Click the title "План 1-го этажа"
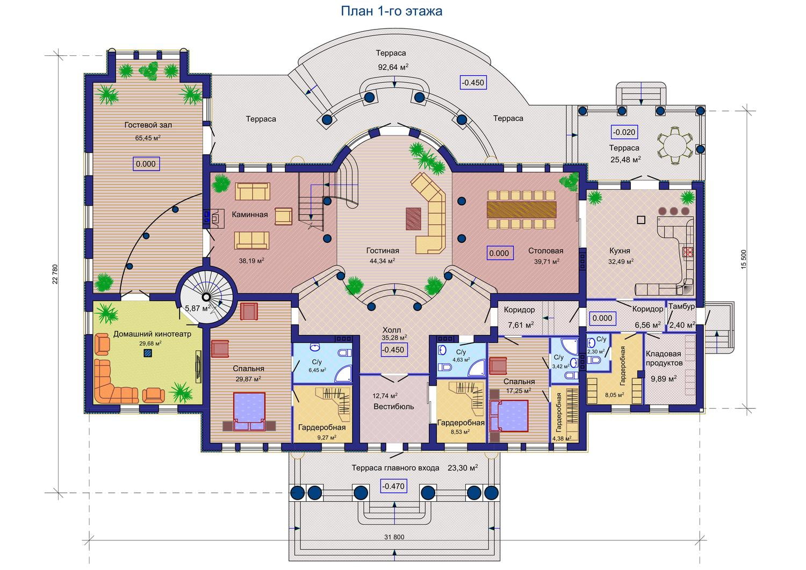pyautogui.click(x=391, y=11)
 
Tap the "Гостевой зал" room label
pyautogui.click(x=148, y=125)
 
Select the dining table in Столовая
pyautogui.click(x=522, y=209)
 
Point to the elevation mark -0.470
pyautogui.click(x=393, y=487)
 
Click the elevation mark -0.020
pyautogui.click(x=624, y=132)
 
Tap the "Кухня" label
pyautogui.click(x=620, y=250)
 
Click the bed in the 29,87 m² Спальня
pyautogui.click(x=249, y=412)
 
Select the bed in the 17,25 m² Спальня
pyautogui.click(x=508, y=416)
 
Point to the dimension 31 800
pyautogui.click(x=394, y=537)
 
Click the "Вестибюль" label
pyautogui.click(x=394, y=406)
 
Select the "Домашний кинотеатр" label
pyautogui.click(x=152, y=334)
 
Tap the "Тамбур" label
pyautogui.click(x=681, y=306)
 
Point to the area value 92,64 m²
pyautogui.click(x=392, y=67)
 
